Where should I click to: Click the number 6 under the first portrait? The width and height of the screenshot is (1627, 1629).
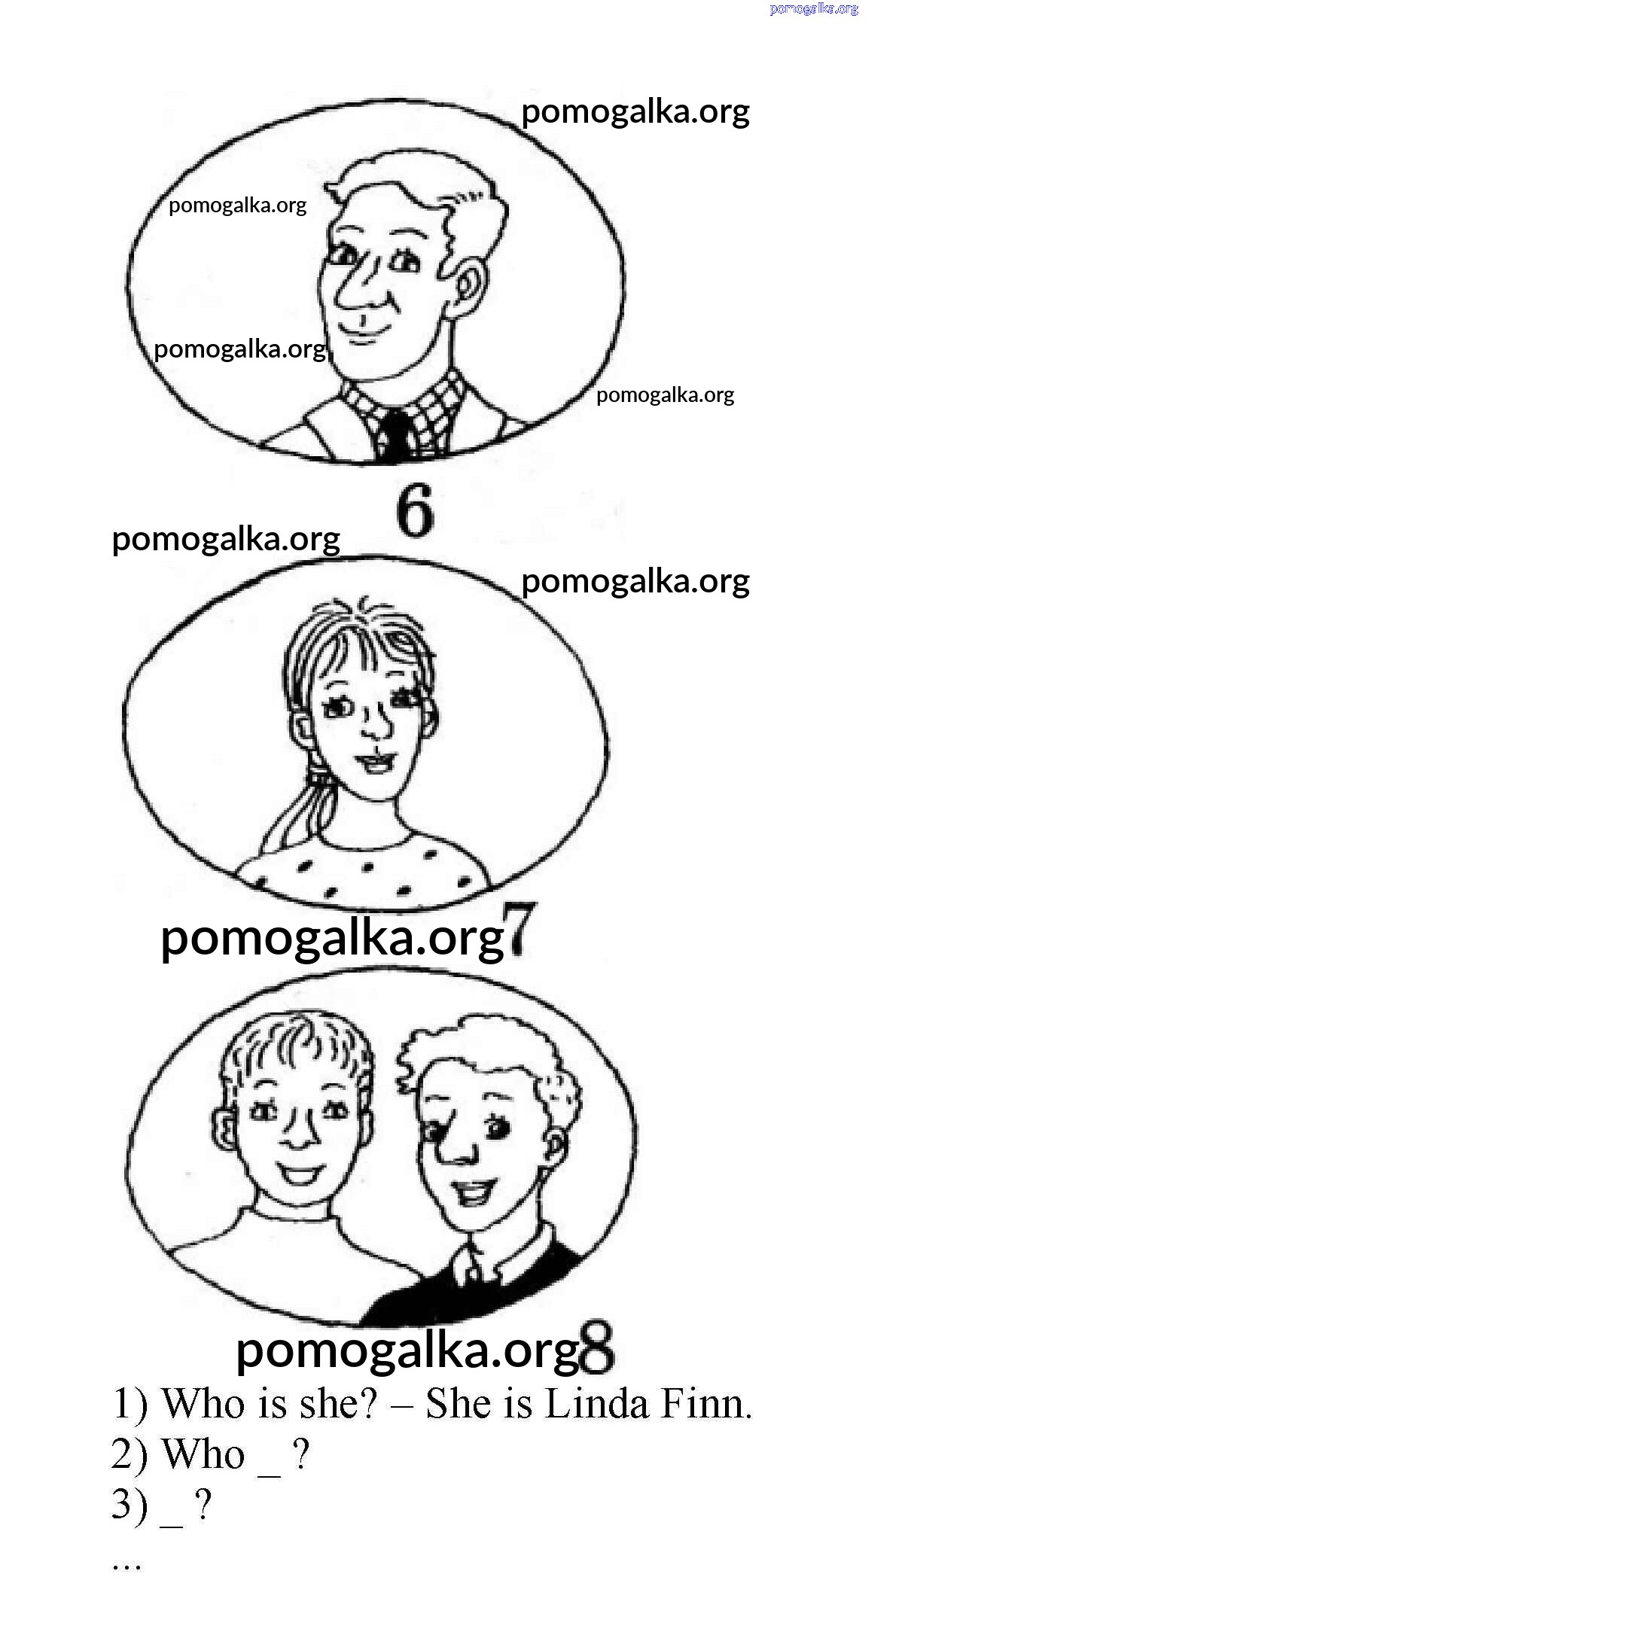tap(415, 510)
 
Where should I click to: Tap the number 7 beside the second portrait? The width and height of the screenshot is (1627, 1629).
tap(519, 929)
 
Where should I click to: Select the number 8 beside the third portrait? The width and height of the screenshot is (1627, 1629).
tap(597, 1347)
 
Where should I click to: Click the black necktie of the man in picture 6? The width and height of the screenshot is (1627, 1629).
tap(395, 436)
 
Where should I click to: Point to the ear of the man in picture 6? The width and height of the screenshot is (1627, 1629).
tap(470, 285)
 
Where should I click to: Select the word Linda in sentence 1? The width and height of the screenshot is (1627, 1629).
tap(597, 1404)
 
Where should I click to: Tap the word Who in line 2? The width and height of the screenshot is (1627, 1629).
tap(203, 1454)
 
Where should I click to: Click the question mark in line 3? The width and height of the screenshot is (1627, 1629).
tap(203, 1505)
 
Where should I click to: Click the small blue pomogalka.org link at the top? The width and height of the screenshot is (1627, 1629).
tap(814, 8)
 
